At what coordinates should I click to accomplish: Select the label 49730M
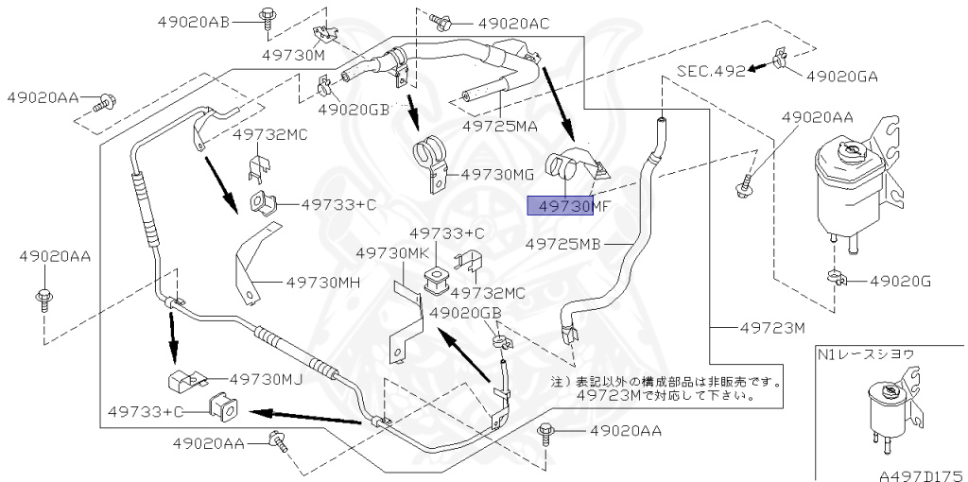click(x=293, y=56)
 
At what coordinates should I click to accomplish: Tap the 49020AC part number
click(x=513, y=22)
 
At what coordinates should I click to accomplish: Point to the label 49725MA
click(x=500, y=126)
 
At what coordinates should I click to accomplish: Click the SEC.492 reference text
click(x=710, y=70)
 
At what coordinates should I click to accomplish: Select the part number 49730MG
click(x=498, y=174)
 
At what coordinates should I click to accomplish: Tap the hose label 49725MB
click(x=562, y=244)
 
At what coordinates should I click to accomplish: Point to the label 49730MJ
click(x=266, y=379)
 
